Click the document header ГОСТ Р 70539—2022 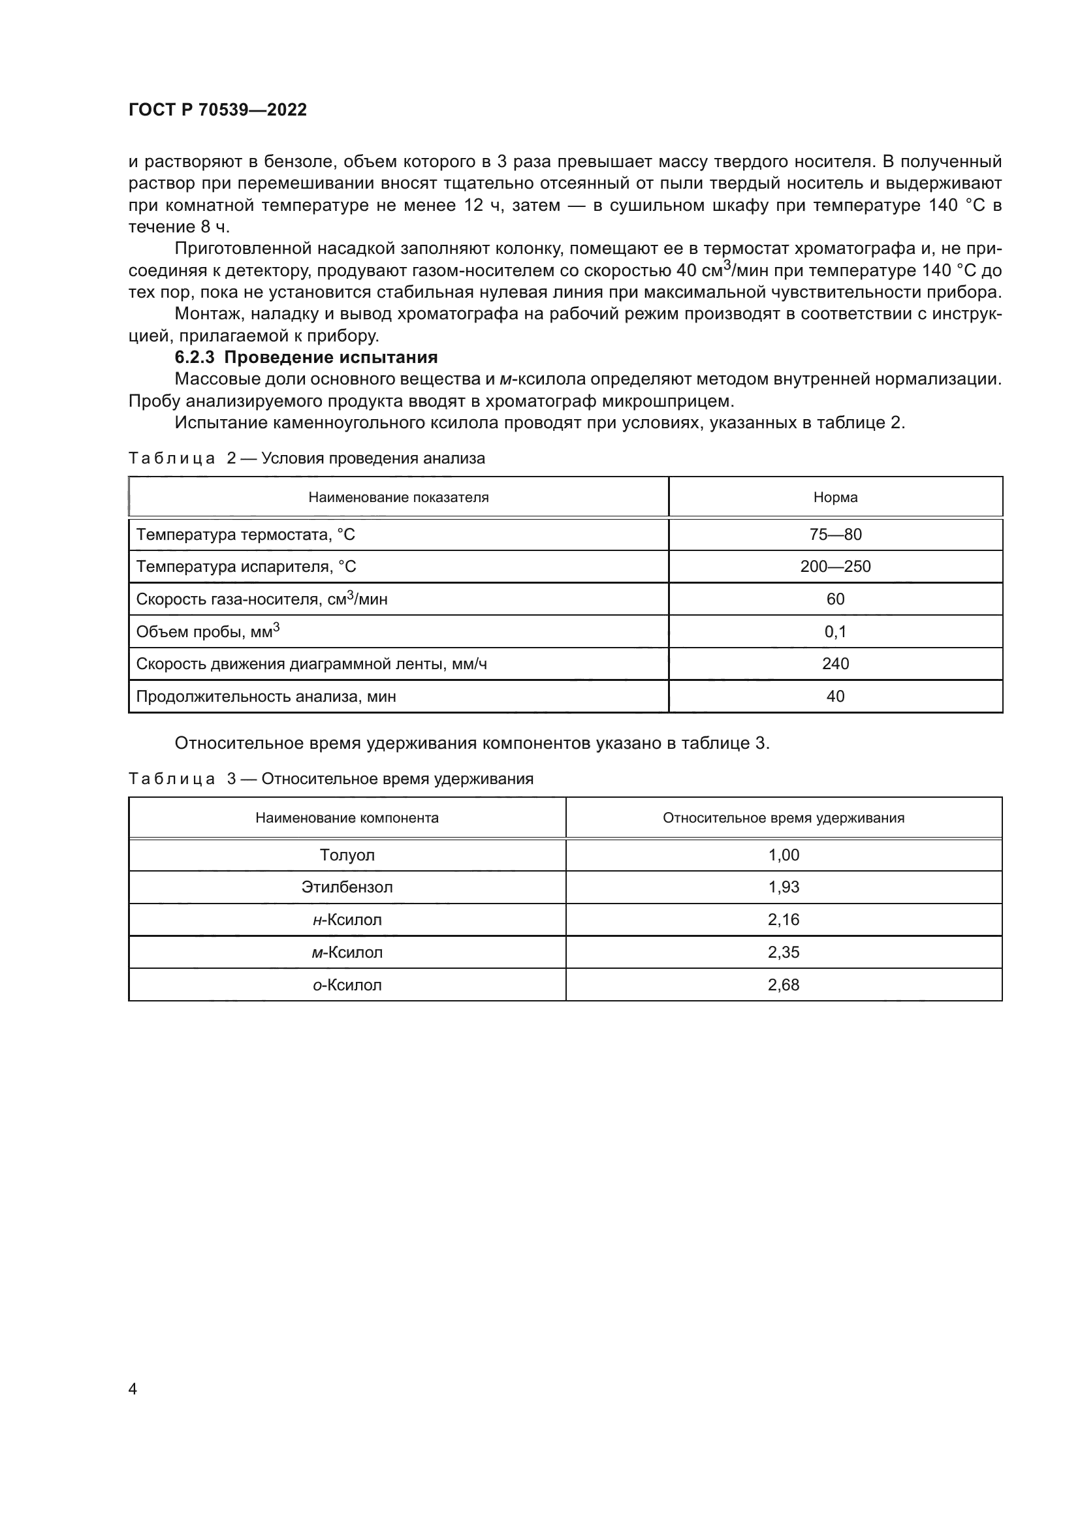217,110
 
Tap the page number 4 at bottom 133,1389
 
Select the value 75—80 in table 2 835,535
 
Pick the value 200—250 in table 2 835,567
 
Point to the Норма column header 835,497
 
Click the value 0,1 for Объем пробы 835,632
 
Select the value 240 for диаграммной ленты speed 835,664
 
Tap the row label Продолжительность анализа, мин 266,697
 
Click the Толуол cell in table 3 347,855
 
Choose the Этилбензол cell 347,887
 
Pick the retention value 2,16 784,920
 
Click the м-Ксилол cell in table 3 347,952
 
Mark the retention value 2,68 784,985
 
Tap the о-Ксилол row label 347,985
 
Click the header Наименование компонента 347,818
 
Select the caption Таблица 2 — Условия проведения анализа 307,458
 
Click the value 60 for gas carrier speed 835,599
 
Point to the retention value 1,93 784,887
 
